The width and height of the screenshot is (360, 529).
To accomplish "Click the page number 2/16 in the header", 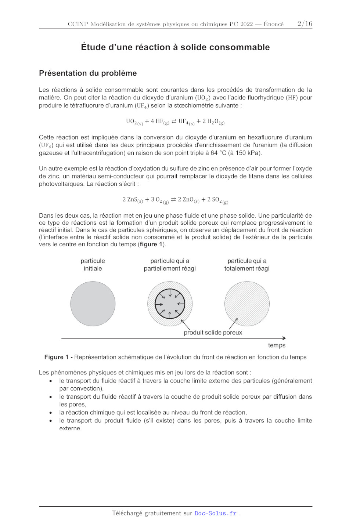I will click(305, 24).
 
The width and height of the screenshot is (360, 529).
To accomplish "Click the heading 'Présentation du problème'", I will click(88, 73).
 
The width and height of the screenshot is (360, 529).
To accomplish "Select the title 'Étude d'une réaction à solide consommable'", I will click(175, 47).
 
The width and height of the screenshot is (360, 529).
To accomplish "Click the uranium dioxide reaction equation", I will click(175, 122).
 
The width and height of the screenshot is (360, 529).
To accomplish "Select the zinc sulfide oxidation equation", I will click(175, 200).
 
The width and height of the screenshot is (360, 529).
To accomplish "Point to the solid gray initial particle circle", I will click(93, 304).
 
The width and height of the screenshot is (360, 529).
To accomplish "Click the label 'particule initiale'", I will click(93, 265).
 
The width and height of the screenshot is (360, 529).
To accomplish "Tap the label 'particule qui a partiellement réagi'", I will click(170, 265).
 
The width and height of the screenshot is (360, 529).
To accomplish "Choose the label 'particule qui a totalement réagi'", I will click(247, 265).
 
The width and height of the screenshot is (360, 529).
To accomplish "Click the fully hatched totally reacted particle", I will click(247, 304).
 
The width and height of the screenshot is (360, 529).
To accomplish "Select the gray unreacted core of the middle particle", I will click(170, 304).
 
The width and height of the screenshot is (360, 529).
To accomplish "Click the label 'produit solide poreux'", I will click(213, 333).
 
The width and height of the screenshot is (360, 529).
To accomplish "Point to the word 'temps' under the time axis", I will click(277, 345).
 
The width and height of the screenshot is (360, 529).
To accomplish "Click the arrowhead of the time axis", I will click(284, 338).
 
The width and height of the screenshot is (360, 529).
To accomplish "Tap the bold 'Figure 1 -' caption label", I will click(58, 357).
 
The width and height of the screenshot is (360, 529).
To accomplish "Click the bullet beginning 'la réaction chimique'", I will click(153, 413).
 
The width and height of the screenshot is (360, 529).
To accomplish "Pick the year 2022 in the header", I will click(246, 24).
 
